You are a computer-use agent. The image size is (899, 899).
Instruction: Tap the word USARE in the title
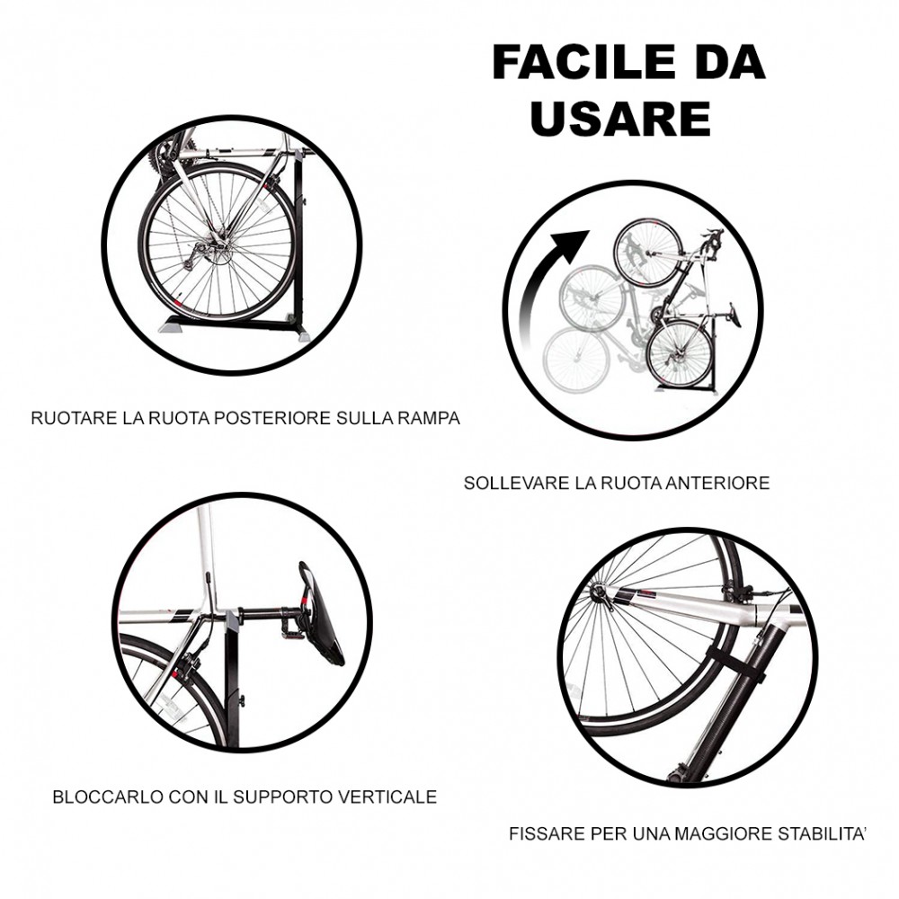point(621,119)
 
